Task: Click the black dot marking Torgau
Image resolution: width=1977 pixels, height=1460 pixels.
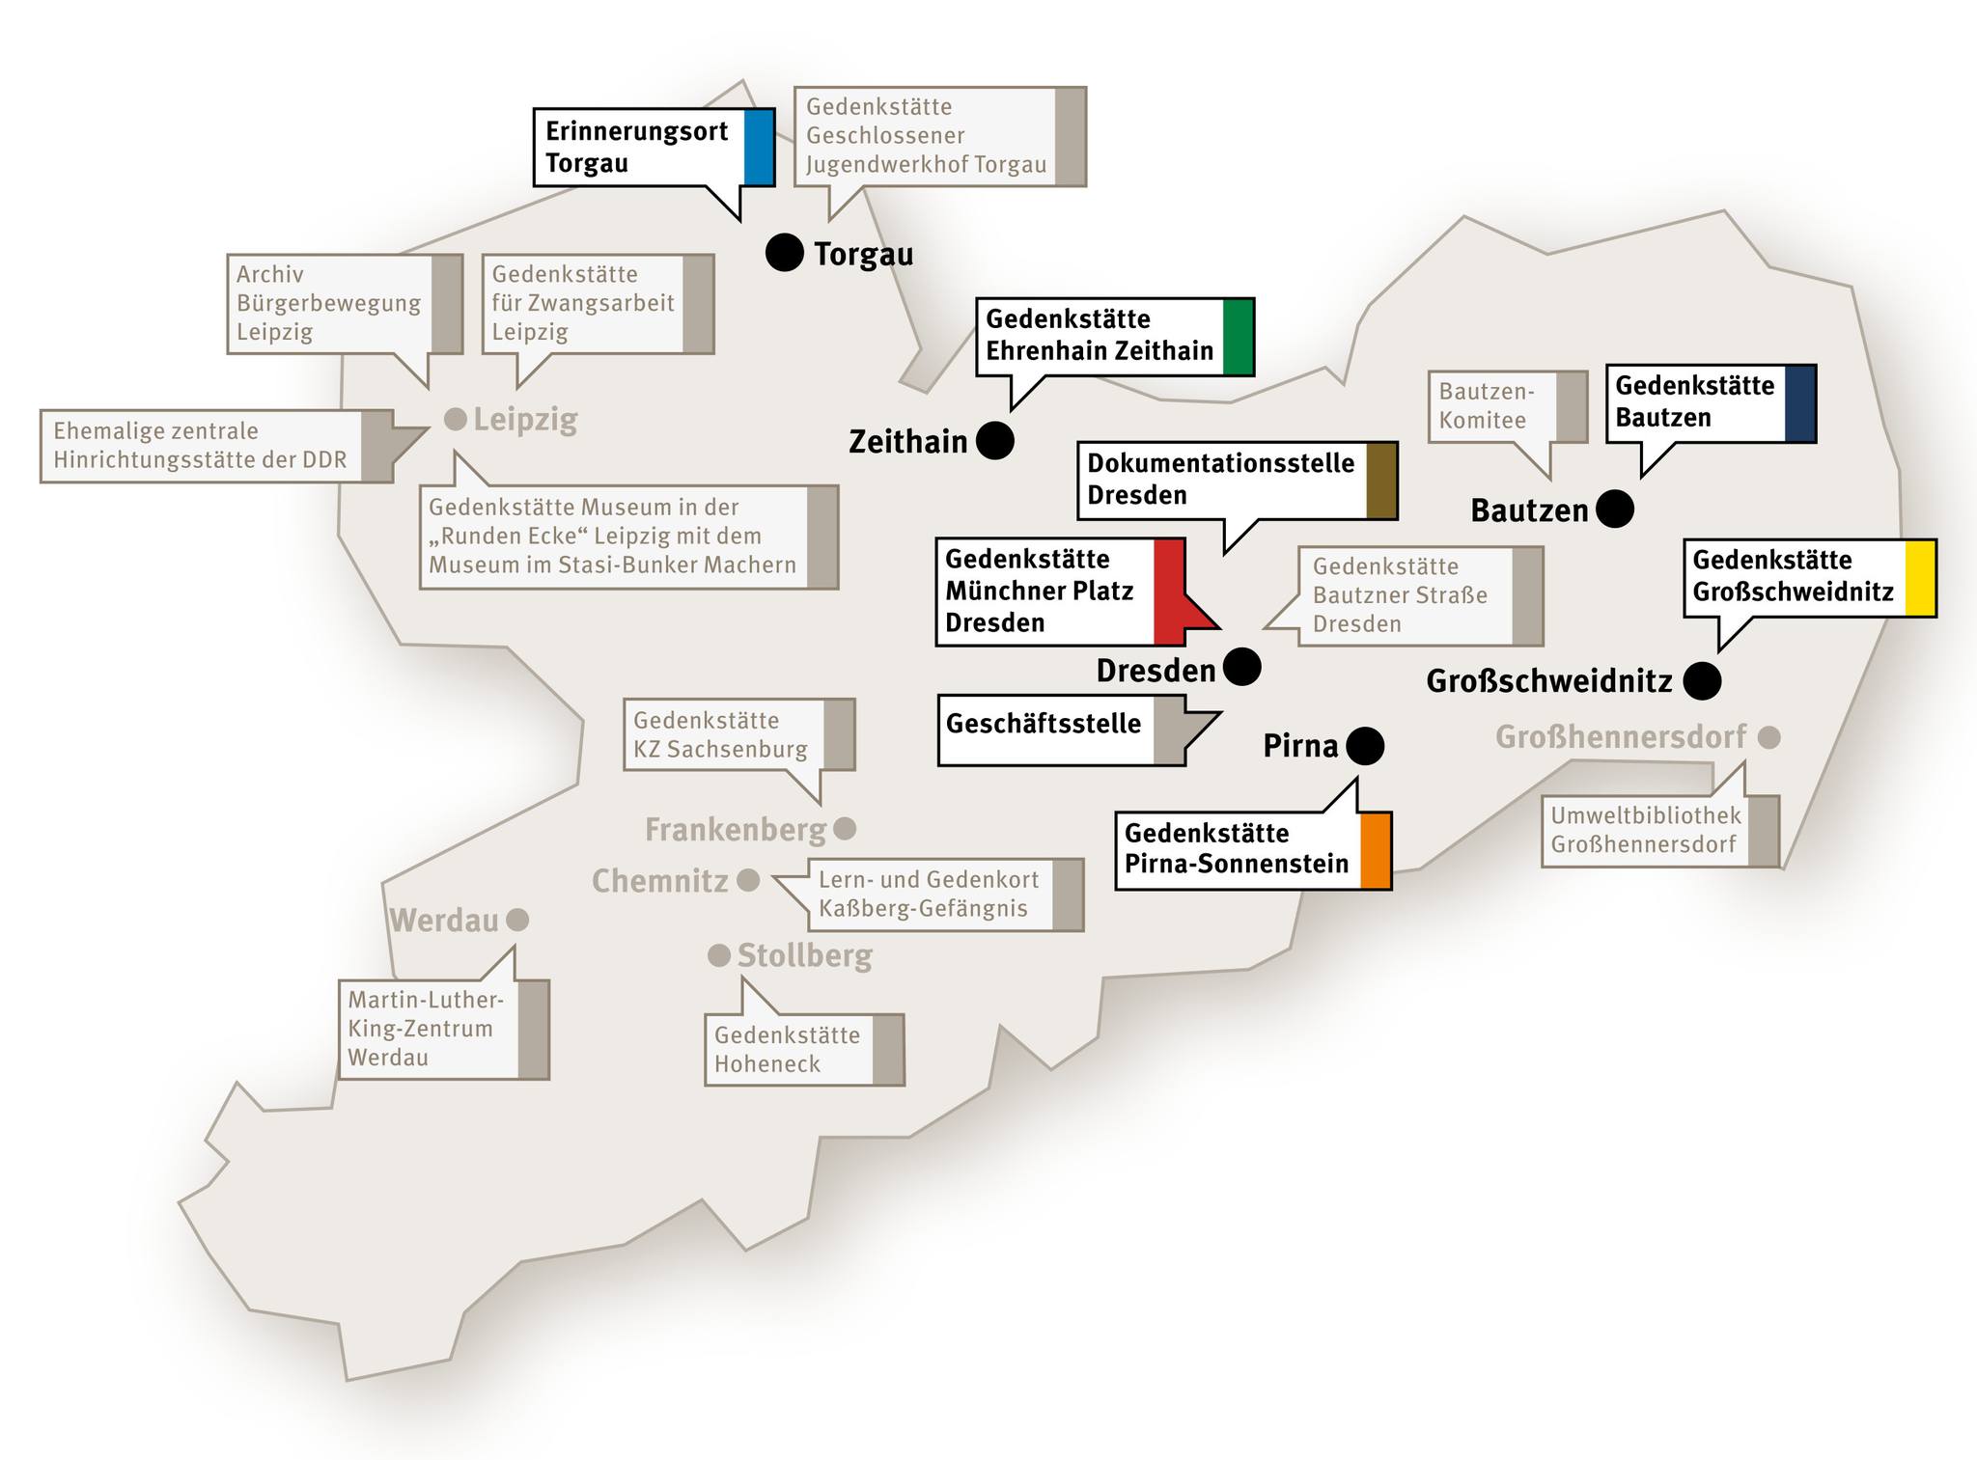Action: click(785, 253)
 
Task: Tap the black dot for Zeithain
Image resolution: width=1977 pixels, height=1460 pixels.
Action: click(995, 441)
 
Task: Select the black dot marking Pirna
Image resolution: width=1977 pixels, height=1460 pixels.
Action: click(1365, 746)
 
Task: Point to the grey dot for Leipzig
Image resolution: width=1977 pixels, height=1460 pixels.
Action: click(455, 419)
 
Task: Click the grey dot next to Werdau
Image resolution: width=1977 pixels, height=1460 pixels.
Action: click(517, 920)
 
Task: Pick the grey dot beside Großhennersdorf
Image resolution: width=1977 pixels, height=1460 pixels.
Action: click(1768, 737)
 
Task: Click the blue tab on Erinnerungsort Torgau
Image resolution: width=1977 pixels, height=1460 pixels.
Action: click(759, 148)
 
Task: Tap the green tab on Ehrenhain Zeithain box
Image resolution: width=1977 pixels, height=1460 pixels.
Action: click(1239, 337)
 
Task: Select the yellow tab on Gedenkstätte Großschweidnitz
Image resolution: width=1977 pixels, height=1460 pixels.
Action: click(1920, 578)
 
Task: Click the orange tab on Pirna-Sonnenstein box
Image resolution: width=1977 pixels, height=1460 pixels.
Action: click(1376, 850)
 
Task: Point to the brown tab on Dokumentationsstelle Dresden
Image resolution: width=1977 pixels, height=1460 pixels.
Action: click(1382, 481)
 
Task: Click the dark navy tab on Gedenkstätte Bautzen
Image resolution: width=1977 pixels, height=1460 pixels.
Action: click(1800, 403)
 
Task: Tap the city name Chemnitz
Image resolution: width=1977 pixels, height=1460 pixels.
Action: click(660, 881)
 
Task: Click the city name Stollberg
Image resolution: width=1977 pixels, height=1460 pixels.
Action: click(805, 955)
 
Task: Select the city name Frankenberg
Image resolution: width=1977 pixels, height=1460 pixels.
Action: click(736, 829)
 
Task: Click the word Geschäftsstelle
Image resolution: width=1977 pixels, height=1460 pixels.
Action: click(1044, 724)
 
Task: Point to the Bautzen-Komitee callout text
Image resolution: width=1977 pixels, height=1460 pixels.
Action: click(1486, 405)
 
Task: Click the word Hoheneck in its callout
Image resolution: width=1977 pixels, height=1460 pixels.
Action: click(767, 1063)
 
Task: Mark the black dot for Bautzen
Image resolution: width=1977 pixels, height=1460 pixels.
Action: click(1615, 509)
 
